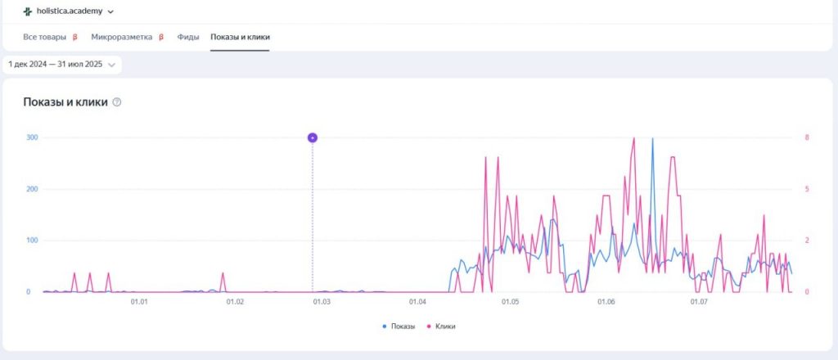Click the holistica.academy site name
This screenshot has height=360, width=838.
tap(69, 11)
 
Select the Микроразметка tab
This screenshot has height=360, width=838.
tap(122, 37)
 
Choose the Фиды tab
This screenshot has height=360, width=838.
tap(188, 37)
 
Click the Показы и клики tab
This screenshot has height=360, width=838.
tap(240, 37)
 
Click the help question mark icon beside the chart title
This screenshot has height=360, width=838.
tap(117, 102)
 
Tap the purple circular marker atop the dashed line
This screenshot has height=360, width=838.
tap(312, 137)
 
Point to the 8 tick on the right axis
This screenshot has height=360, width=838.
tap(806, 137)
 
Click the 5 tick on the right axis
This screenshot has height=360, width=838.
tap(806, 189)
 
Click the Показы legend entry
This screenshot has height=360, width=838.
tap(399, 326)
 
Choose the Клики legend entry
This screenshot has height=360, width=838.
tap(441, 326)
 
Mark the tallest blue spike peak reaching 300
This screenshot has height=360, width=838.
tap(652, 140)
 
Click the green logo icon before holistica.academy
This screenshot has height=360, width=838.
tap(27, 11)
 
